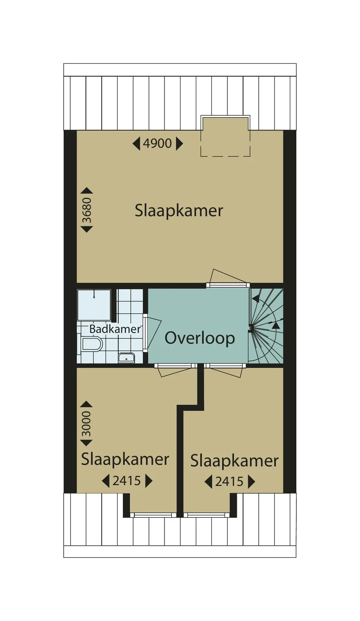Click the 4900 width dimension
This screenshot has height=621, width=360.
(157, 144)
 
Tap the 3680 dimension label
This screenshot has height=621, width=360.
(87, 210)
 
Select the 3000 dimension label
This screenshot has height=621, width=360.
(86, 423)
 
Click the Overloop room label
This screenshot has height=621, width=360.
(199, 338)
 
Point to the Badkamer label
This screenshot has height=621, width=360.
(115, 329)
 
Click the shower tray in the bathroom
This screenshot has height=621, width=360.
(94, 305)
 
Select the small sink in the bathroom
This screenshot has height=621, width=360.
(126, 357)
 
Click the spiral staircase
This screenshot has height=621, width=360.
(266, 326)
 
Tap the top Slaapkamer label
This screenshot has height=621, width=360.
(179, 211)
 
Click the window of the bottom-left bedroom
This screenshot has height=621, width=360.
(153, 515)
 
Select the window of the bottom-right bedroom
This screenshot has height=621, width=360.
(206, 515)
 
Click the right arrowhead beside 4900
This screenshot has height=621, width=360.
(180, 144)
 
